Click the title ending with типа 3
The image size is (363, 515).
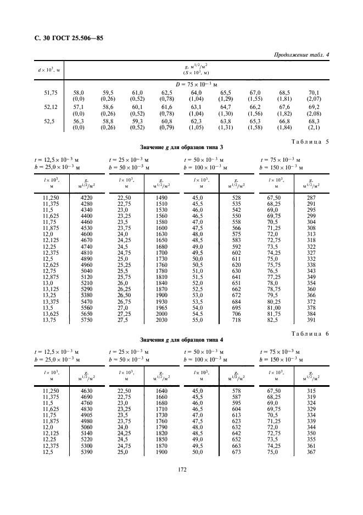click(x=181, y=147)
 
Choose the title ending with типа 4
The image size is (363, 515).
click(x=181, y=339)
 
